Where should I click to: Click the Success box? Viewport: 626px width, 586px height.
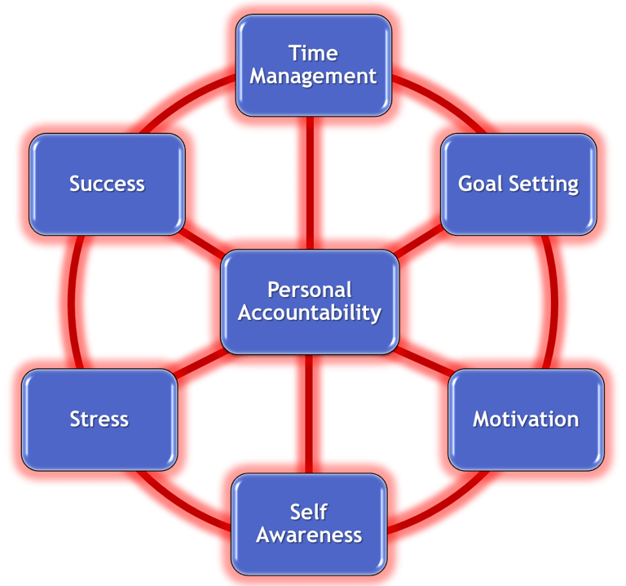coord(107,184)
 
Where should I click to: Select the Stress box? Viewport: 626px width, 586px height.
coord(99,420)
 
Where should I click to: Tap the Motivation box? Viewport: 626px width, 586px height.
coord(526,420)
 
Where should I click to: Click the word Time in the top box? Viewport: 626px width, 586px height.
coord(313,54)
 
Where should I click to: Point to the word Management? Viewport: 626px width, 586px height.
coord(313,77)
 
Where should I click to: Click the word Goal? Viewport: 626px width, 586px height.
coord(481,184)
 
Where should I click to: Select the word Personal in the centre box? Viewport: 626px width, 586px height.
coord(310,290)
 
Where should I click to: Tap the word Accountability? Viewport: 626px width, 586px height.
coord(310,312)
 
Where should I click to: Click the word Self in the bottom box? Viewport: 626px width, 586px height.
coord(309,512)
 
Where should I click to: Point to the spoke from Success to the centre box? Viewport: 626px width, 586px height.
coord(204,240)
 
